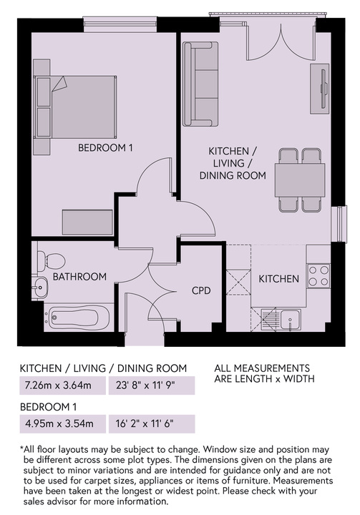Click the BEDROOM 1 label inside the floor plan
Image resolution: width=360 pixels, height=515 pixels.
pyautogui.click(x=105, y=148)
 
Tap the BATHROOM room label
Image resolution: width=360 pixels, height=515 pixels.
pyautogui.click(x=79, y=277)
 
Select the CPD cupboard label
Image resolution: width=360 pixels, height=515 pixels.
pyautogui.click(x=201, y=290)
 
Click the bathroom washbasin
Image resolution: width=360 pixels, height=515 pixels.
pyautogui.click(x=40, y=288)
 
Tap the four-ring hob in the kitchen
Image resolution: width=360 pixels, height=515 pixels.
pyautogui.click(x=318, y=275)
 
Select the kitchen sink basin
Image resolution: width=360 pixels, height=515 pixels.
pyautogui.click(x=290, y=320)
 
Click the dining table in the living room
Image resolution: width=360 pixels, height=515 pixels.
pyautogui.click(x=300, y=180)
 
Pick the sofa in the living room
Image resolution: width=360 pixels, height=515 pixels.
pyautogui.click(x=200, y=84)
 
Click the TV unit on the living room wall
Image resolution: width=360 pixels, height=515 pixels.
pyautogui.click(x=319, y=89)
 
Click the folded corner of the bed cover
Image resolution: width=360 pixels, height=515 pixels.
pyautogui.click(x=59, y=84)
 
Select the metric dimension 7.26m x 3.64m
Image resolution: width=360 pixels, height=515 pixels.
pyautogui.click(x=58, y=386)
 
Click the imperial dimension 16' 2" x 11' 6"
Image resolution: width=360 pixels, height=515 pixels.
pyautogui.click(x=145, y=423)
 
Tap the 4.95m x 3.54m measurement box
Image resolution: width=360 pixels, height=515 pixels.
pyautogui.click(x=63, y=423)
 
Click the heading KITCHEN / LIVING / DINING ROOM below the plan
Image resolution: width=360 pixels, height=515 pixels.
pyautogui.click(x=103, y=368)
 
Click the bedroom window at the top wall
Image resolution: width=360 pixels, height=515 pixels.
pyautogui.click(x=120, y=25)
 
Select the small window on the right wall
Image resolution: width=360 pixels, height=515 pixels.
pyautogui.click(x=339, y=224)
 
